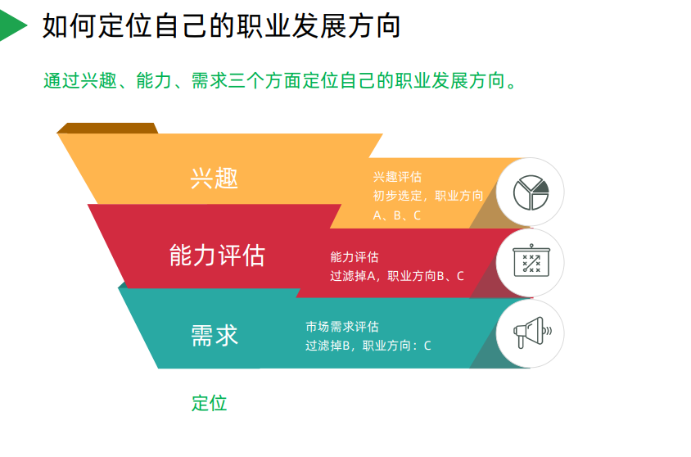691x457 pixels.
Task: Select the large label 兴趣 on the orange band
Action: click(x=215, y=178)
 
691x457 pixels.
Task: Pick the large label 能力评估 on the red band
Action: click(x=217, y=256)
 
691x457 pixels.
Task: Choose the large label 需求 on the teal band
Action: click(x=215, y=335)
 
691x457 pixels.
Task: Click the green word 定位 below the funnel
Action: click(x=210, y=403)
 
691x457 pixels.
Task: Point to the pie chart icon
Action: click(x=530, y=192)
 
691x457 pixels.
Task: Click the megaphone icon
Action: click(x=530, y=333)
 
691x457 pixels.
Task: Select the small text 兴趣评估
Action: click(x=397, y=177)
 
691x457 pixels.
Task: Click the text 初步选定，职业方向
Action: click(x=427, y=196)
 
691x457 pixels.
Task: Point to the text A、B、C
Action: click(x=397, y=215)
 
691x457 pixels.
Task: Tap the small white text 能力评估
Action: click(x=354, y=257)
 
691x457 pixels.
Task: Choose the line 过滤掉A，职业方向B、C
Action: click(x=396, y=276)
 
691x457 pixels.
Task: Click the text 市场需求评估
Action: click(x=342, y=327)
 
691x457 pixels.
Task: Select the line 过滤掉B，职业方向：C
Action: click(x=368, y=346)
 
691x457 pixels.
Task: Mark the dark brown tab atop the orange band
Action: click(x=107, y=128)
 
